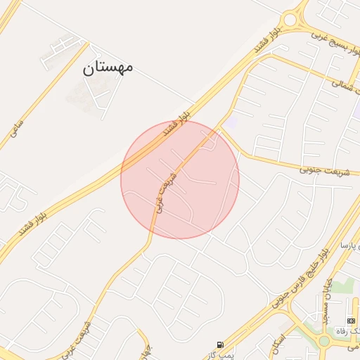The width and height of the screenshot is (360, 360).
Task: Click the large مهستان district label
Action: click(x=108, y=67)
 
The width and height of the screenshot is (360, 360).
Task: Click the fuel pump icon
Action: click(x=221, y=345)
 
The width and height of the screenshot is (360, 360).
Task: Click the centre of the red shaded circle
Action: click(x=180, y=179)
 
